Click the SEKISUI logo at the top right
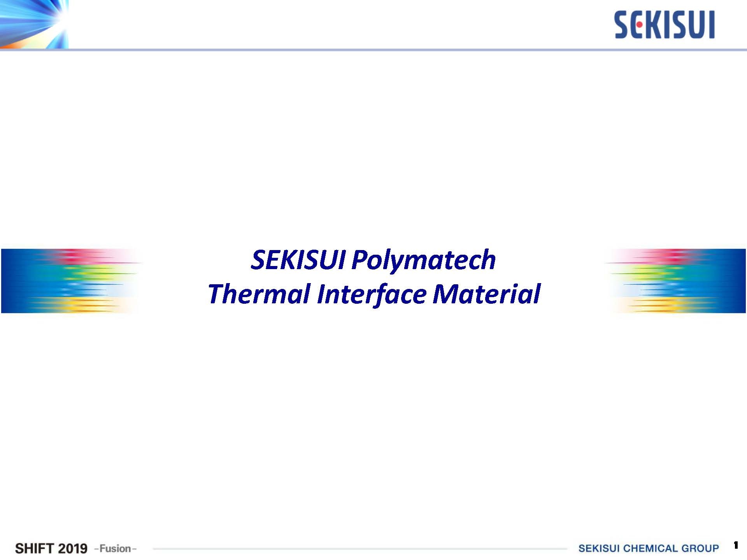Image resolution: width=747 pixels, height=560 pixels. pos(665,25)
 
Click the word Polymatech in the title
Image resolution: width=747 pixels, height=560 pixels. pos(423,260)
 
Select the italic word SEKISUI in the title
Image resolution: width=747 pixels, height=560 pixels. pos(298,259)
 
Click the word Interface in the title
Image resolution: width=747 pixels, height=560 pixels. pos(372,294)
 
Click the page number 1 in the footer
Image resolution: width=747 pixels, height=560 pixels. pos(736,545)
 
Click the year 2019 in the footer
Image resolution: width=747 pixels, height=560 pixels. pos(72,548)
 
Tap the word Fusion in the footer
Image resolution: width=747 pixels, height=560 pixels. pos(115,548)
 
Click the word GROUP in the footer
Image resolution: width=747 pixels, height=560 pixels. pos(700,548)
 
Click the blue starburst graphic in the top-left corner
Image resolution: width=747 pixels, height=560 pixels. pos(34,24)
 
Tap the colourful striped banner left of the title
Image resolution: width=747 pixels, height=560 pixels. pos(72,281)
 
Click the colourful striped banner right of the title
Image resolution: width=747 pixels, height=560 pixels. pos(675,281)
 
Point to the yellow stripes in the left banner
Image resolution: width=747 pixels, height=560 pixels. pos(78,305)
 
